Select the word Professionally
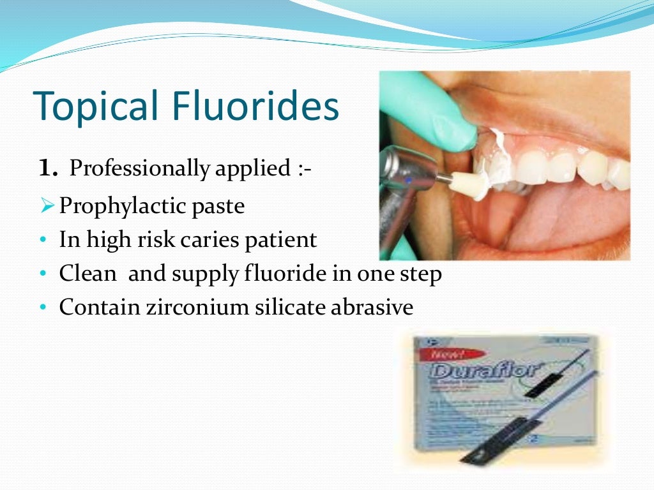[x=139, y=170]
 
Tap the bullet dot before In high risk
[x=42, y=241]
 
